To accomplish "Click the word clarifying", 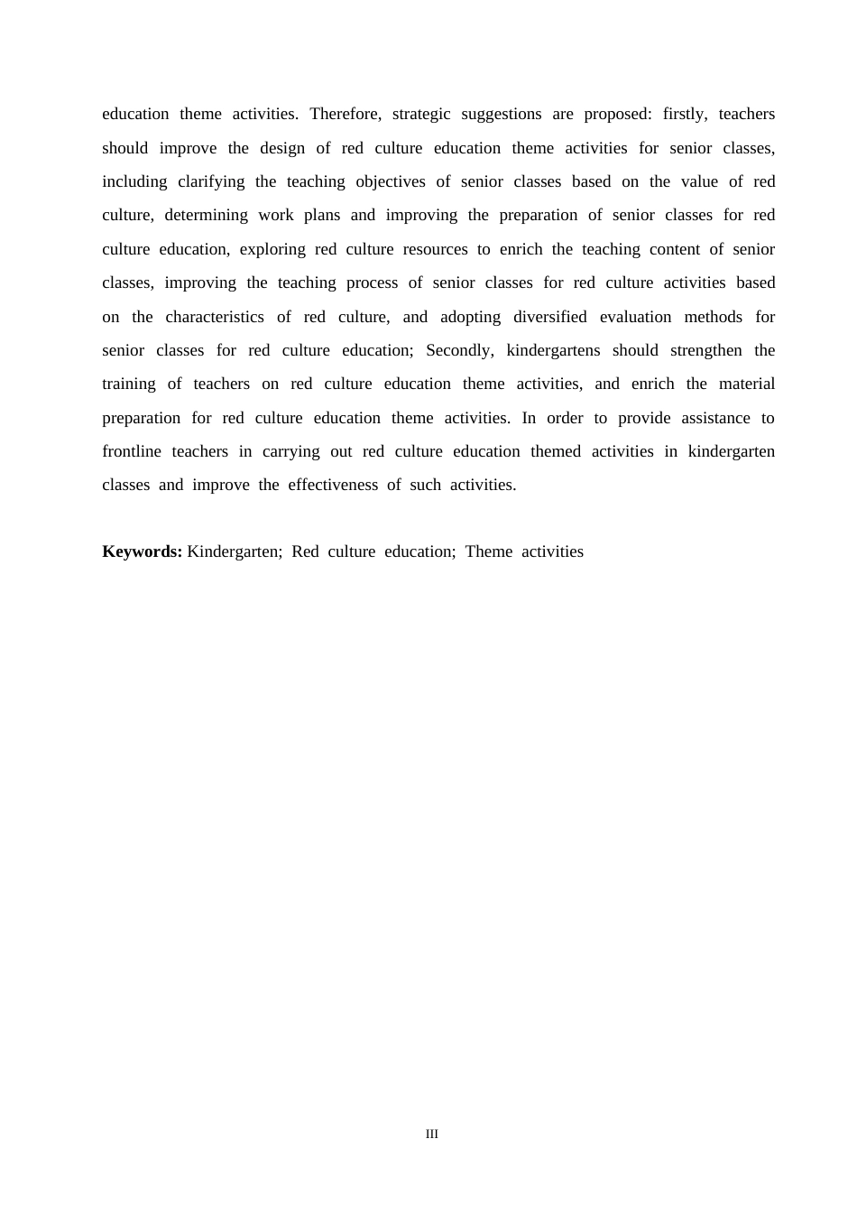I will (211, 181).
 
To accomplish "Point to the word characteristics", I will (215, 317).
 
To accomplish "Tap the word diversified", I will (548, 317).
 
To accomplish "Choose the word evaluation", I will (635, 317).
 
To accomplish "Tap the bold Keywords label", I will (143, 551).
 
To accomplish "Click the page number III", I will (432, 1134).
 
